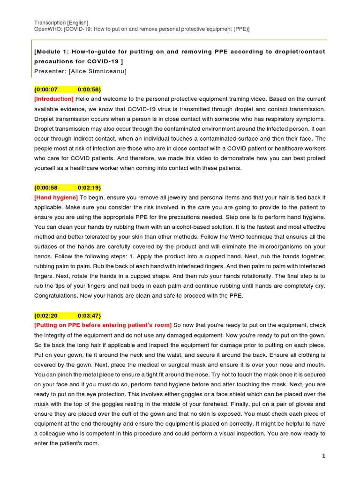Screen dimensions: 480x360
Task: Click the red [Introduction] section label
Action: point(54,99)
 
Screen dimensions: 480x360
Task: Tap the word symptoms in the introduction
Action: point(307,119)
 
